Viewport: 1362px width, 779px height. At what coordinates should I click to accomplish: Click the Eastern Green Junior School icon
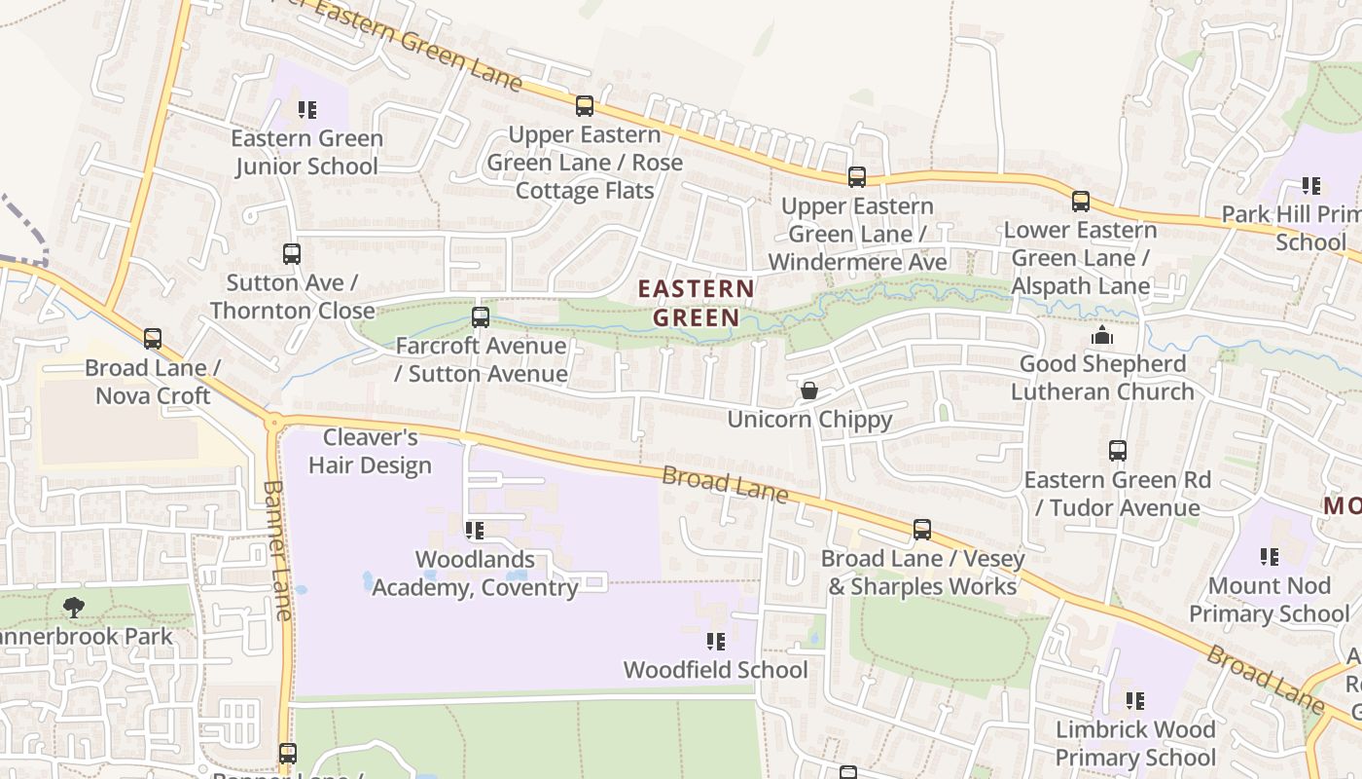[307, 110]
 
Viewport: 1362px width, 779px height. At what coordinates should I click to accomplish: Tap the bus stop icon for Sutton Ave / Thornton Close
[291, 254]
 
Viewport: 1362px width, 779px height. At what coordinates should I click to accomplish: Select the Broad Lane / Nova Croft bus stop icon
[153, 339]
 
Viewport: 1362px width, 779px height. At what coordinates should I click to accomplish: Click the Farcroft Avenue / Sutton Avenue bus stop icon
[480, 317]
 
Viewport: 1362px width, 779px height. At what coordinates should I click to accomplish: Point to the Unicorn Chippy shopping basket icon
[808, 391]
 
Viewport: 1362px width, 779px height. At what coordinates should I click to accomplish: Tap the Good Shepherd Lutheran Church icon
[1101, 336]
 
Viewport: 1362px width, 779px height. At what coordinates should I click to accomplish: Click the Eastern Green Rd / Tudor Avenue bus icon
[1117, 451]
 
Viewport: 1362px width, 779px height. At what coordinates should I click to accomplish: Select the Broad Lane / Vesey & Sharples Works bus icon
[921, 530]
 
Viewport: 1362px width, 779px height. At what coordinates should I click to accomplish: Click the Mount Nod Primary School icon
[1270, 557]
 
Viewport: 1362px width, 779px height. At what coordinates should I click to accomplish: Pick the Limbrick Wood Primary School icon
[1134, 701]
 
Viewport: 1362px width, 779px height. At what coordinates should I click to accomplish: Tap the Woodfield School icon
[716, 642]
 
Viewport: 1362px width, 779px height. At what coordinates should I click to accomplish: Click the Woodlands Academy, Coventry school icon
[475, 531]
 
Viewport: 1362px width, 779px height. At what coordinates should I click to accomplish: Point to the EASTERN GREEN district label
[696, 303]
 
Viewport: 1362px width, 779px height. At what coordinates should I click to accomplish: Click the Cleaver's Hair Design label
[370, 451]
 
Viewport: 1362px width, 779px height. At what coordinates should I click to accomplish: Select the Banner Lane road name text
[277, 550]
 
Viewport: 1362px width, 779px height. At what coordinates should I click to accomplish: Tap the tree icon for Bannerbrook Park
[73, 608]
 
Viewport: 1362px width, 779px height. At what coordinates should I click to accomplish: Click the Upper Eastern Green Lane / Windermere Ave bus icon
[856, 177]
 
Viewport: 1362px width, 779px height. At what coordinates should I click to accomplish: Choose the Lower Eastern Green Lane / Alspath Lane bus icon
[1080, 202]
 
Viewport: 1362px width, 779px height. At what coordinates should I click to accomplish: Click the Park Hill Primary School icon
[1310, 185]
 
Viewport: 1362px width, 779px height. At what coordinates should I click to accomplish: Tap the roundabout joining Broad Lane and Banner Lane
[274, 423]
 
